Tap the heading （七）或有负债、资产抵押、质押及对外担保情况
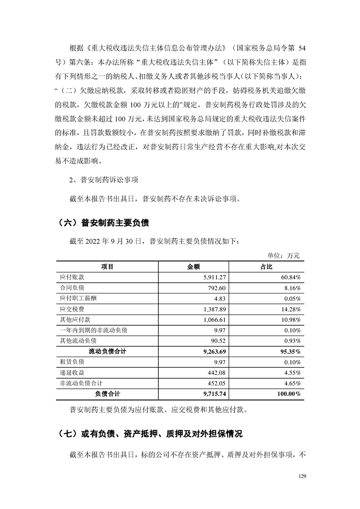coord(150,434)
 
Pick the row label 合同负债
coord(73,288)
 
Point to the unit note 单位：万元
coord(285,256)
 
